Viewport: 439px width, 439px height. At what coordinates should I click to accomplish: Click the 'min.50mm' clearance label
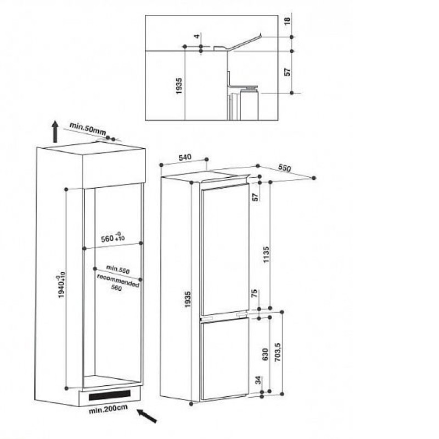point(88,128)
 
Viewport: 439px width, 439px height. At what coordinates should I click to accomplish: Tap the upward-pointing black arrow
point(55,131)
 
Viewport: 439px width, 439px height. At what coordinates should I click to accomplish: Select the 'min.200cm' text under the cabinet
point(108,409)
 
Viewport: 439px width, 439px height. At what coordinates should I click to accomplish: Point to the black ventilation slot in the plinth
point(110,395)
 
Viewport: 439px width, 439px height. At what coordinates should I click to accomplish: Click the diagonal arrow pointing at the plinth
point(147,415)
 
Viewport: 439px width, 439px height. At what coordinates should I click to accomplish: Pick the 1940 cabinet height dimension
point(61,284)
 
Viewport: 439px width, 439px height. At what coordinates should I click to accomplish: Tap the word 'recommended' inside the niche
point(118,280)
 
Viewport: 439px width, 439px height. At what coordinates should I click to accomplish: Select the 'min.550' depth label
point(118,269)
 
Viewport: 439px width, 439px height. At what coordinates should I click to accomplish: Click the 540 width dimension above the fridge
point(185,157)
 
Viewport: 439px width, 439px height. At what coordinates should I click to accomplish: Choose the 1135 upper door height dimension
point(266,255)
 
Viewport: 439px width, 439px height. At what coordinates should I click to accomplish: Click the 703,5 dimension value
point(278,352)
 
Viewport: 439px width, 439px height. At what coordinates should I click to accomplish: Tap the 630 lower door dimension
point(266,354)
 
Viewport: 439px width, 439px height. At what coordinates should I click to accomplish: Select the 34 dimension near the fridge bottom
point(258,380)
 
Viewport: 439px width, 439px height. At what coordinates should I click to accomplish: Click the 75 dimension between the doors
point(255,294)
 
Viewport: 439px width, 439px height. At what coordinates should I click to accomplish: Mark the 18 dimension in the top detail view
point(288,21)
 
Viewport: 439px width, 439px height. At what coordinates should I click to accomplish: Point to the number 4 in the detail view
point(197,36)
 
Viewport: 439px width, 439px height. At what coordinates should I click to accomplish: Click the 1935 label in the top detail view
point(179,86)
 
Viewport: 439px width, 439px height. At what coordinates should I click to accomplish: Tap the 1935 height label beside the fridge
point(188,299)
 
